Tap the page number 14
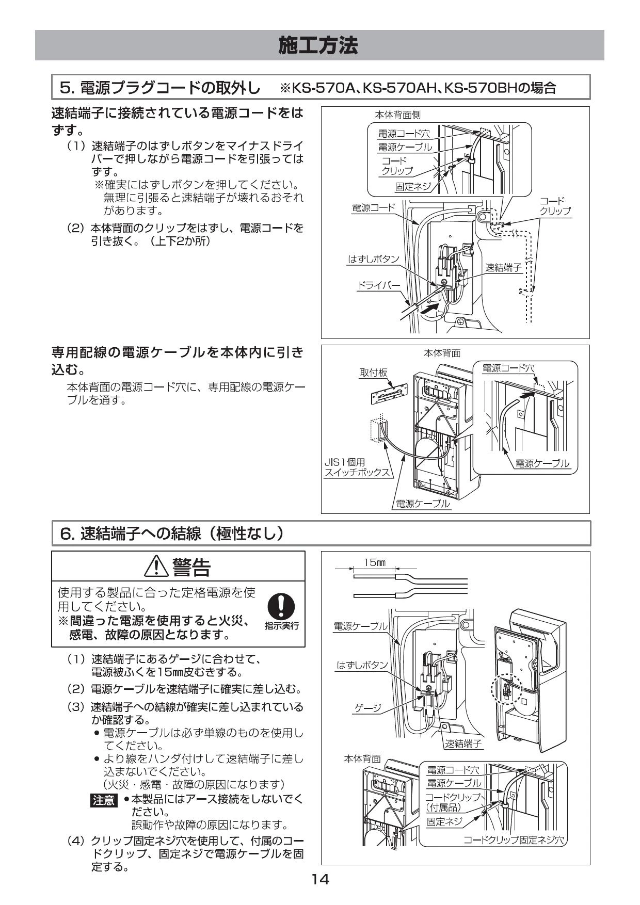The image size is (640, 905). pyautogui.click(x=320, y=879)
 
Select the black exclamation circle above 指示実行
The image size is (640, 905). pyautogui.click(x=281, y=606)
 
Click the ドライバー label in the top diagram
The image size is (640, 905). pyautogui.click(x=379, y=285)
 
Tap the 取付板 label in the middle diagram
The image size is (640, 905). pyautogui.click(x=373, y=373)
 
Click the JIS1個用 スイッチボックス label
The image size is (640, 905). pyautogui.click(x=356, y=467)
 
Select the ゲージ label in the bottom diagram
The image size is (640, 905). pyautogui.click(x=367, y=708)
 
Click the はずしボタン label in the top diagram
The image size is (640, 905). pyautogui.click(x=373, y=259)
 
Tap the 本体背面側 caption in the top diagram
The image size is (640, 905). pyautogui.click(x=397, y=115)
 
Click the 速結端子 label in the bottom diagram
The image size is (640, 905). pyautogui.click(x=463, y=744)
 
